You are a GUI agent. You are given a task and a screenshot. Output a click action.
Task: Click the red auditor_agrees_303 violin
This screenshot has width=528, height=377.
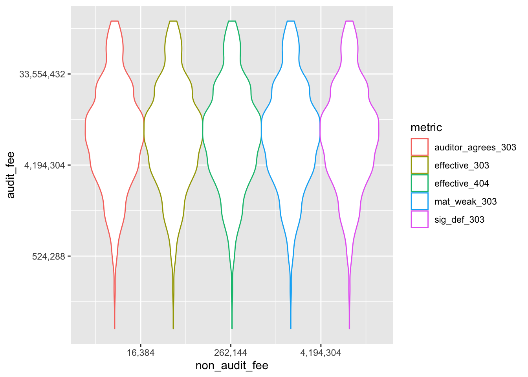click(x=114, y=130)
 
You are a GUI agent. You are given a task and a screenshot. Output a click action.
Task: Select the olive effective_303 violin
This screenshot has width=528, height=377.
click(x=173, y=130)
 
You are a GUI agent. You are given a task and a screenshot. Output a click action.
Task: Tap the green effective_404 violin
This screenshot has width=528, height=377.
click(x=232, y=130)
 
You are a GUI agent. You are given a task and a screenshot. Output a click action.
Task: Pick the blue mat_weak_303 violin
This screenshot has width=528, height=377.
click(x=291, y=130)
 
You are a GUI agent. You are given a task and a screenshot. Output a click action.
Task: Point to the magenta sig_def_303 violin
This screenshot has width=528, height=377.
click(x=349, y=130)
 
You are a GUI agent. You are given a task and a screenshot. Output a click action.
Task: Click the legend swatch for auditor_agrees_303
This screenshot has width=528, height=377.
click(x=420, y=147)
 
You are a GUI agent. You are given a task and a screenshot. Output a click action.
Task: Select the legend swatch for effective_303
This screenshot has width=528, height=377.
click(x=420, y=165)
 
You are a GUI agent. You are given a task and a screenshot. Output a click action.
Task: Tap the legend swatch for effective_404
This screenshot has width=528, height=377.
click(x=420, y=183)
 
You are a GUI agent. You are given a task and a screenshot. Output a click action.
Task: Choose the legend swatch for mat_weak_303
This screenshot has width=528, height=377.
click(x=420, y=201)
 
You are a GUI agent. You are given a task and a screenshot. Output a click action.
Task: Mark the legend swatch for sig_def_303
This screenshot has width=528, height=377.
click(x=420, y=219)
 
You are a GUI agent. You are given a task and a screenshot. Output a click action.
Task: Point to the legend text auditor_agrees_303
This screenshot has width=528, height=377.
click(x=475, y=147)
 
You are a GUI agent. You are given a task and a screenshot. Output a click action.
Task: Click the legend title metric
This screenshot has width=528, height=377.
click(x=426, y=128)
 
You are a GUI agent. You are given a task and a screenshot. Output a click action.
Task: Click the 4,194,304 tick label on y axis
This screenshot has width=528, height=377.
click(x=45, y=165)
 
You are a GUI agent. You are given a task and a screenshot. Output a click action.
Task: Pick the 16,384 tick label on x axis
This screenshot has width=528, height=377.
click(x=141, y=353)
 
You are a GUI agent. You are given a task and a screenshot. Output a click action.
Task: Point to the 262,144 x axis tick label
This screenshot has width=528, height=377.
click(x=231, y=353)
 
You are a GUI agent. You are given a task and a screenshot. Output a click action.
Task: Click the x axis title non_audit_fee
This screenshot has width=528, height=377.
click(x=232, y=366)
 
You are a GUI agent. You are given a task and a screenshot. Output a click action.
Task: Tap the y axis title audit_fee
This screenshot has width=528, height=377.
click(x=11, y=175)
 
